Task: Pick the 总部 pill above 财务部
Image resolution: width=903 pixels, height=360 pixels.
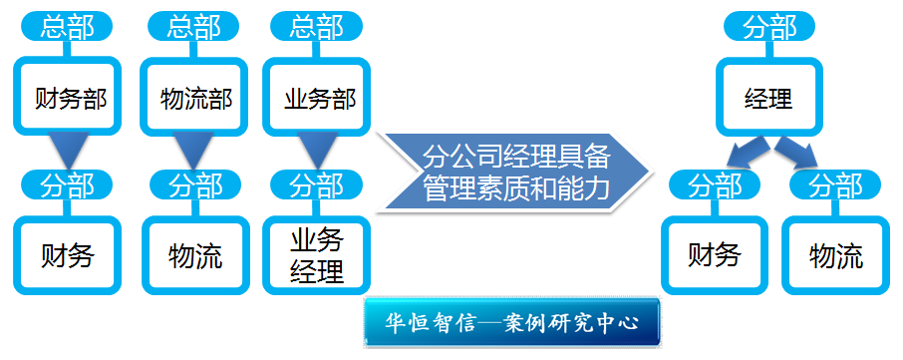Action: (67, 27)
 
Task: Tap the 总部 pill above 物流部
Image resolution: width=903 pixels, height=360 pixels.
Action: (194, 27)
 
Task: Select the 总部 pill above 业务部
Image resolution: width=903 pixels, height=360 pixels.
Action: (316, 27)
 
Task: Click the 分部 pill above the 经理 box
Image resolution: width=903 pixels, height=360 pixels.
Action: (769, 27)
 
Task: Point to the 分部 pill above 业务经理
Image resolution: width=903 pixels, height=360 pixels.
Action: (316, 184)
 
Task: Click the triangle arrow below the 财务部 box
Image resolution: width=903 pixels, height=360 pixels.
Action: (68, 149)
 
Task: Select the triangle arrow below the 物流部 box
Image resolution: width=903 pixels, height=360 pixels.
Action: (193, 149)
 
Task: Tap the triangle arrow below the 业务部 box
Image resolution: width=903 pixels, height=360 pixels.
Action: (317, 149)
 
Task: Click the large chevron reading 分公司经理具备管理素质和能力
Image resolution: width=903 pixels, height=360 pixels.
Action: (515, 172)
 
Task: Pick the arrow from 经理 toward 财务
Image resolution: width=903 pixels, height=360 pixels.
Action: (746, 152)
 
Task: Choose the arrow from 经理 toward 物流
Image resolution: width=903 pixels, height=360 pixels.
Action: (797, 152)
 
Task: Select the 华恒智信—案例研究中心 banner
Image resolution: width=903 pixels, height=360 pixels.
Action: (511, 322)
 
